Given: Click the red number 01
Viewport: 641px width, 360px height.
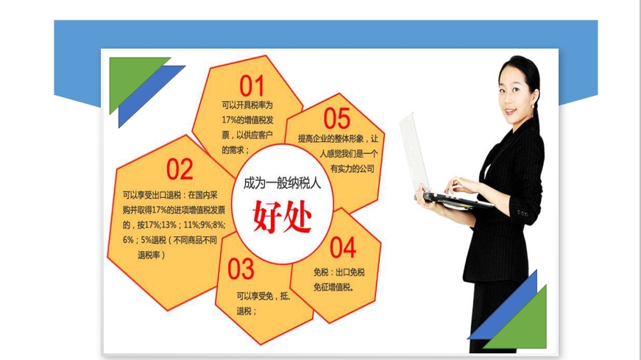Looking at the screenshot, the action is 251,86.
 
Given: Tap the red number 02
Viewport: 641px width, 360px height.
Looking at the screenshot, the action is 180,169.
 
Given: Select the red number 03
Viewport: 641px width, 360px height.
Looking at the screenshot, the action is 241,269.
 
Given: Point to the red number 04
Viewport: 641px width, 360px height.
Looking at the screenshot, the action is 343,247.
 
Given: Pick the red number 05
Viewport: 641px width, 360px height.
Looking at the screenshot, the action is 337,119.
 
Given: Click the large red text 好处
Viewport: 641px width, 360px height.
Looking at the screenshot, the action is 283,216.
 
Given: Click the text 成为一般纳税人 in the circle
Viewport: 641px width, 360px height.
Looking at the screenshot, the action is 282,183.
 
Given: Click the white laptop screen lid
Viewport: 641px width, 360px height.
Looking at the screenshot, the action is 414,153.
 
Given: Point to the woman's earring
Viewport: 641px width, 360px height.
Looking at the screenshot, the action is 534,105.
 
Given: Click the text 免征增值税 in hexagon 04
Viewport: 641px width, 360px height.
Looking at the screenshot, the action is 333,287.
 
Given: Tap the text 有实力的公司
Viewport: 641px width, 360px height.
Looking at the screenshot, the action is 353,169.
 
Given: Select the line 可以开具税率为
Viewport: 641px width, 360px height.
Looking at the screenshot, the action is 247,105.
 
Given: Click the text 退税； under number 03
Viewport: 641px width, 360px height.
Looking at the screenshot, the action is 247,311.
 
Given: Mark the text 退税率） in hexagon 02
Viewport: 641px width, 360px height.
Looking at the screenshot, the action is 152,255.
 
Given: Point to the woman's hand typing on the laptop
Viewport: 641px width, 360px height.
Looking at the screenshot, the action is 463,186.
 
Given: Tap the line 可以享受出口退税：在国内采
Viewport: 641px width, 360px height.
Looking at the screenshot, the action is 170,195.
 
